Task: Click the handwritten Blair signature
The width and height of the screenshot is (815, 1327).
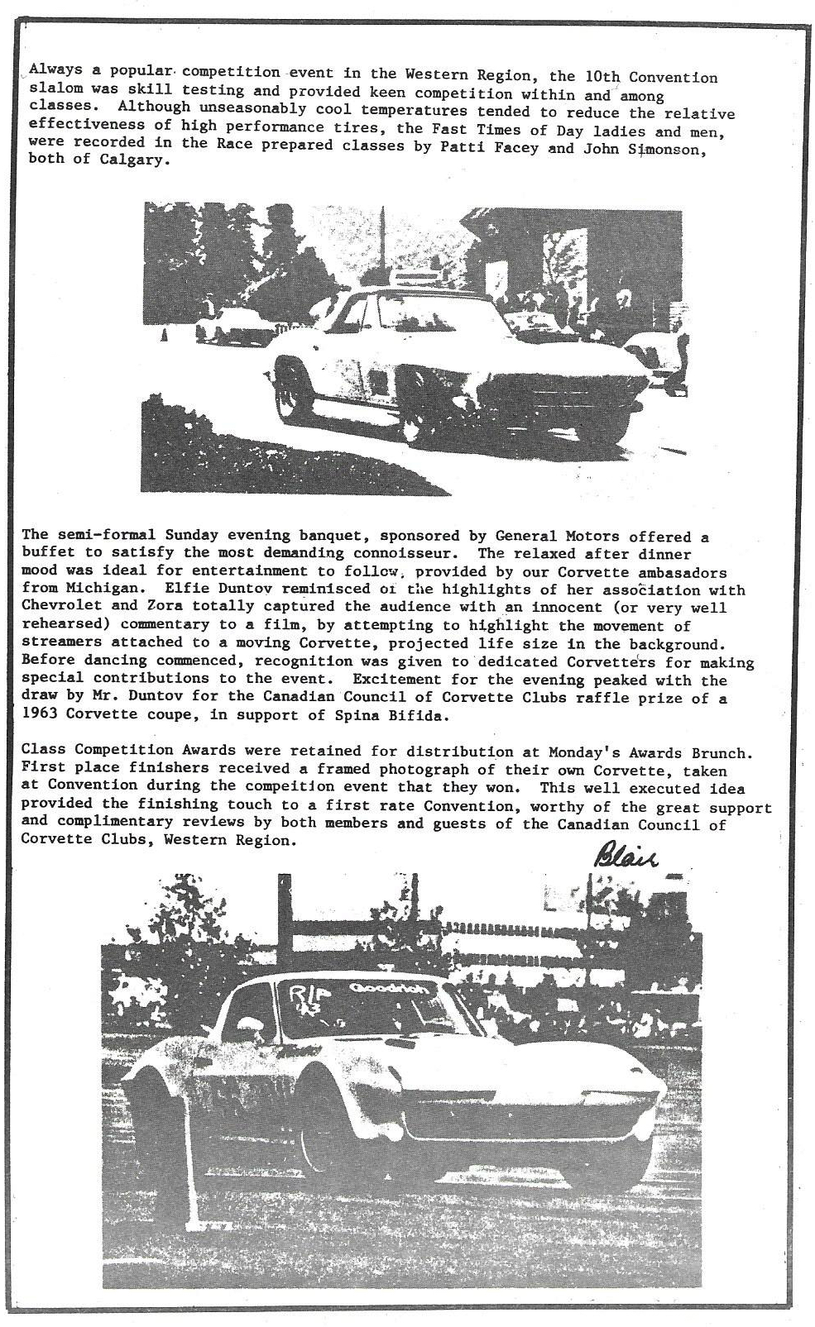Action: pyautogui.click(x=626, y=857)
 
